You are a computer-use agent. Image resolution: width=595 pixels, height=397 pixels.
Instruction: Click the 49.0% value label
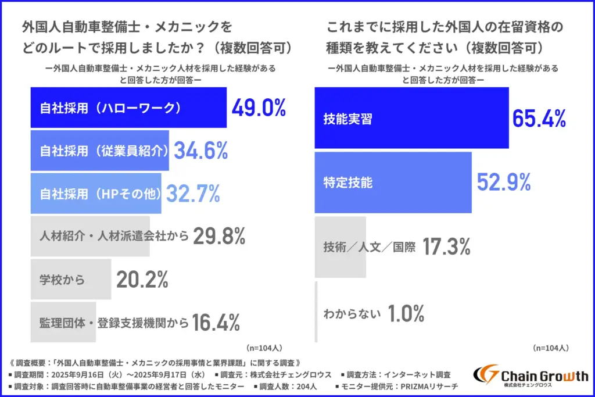[259, 108]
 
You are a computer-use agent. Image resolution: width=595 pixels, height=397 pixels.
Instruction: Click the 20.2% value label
[142, 280]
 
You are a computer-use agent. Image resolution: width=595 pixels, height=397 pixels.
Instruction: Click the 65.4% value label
[539, 119]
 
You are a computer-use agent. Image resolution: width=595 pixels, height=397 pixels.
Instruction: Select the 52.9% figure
[504, 183]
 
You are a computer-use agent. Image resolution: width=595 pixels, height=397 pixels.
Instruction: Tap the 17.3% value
[446, 246]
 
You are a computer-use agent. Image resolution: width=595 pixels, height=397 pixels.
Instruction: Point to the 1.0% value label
[406, 314]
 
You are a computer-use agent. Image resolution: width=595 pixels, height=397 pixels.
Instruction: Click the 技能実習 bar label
[347, 119]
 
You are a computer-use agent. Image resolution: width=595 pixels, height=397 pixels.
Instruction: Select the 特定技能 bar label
[347, 183]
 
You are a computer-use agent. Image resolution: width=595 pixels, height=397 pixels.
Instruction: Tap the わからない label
[352, 314]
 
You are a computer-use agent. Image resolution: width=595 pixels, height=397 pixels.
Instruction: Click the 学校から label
[63, 280]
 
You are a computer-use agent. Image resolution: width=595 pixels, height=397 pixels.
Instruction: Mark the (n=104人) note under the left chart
[264, 348]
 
